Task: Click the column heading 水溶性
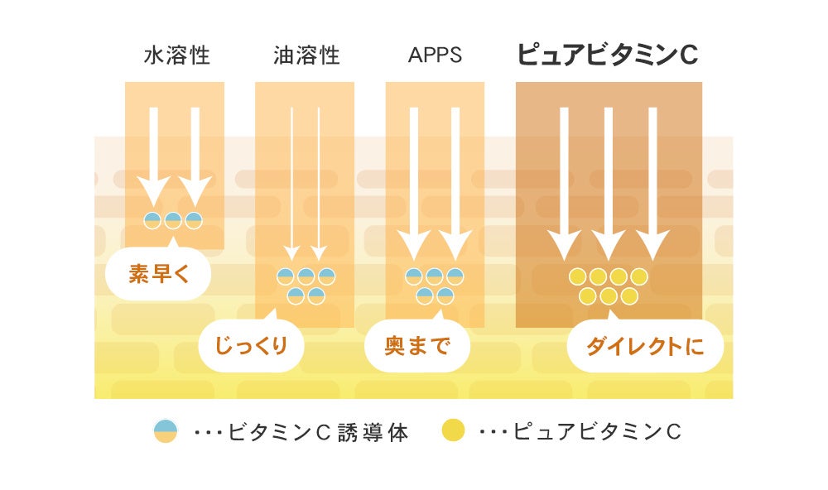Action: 176,56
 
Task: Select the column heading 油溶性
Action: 306,56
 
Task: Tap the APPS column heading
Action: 435,56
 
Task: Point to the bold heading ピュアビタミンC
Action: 607,55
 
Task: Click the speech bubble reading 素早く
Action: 158,274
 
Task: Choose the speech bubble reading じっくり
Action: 251,345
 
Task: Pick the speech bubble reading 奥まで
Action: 416,345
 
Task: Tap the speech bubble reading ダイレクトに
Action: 644,345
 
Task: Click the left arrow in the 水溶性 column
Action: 152,157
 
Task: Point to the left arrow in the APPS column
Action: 414,182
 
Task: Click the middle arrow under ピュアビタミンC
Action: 608,182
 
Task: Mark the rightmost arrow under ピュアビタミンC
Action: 652,182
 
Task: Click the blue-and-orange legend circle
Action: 166,431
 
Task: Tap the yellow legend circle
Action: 453,431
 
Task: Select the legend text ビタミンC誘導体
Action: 318,432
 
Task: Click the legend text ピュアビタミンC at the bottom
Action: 596,432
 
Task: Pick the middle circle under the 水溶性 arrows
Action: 173,220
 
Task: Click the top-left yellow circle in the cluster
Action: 578,276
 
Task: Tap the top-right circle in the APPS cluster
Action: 455,276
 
